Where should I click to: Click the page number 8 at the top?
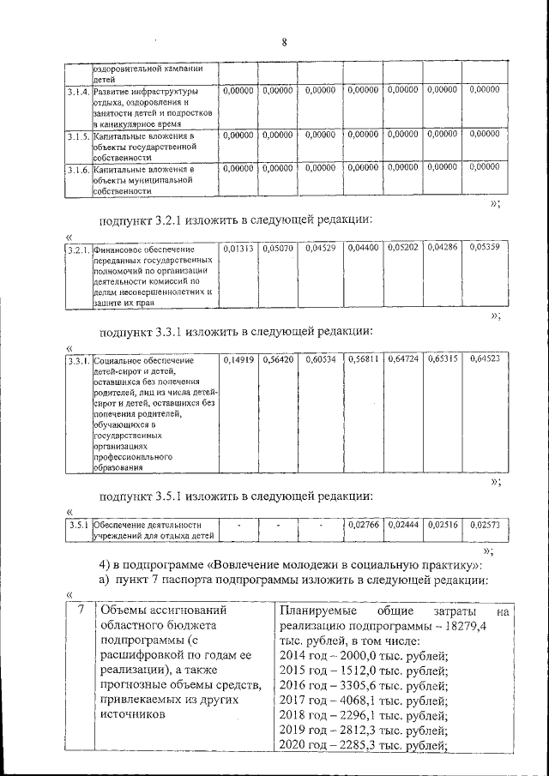click(283, 42)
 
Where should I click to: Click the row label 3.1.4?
click(78, 90)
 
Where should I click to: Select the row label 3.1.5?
click(78, 135)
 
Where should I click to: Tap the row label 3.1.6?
click(78, 169)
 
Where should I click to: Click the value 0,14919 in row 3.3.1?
click(238, 361)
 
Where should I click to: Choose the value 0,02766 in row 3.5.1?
click(361, 523)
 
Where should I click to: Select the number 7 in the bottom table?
click(79, 611)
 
